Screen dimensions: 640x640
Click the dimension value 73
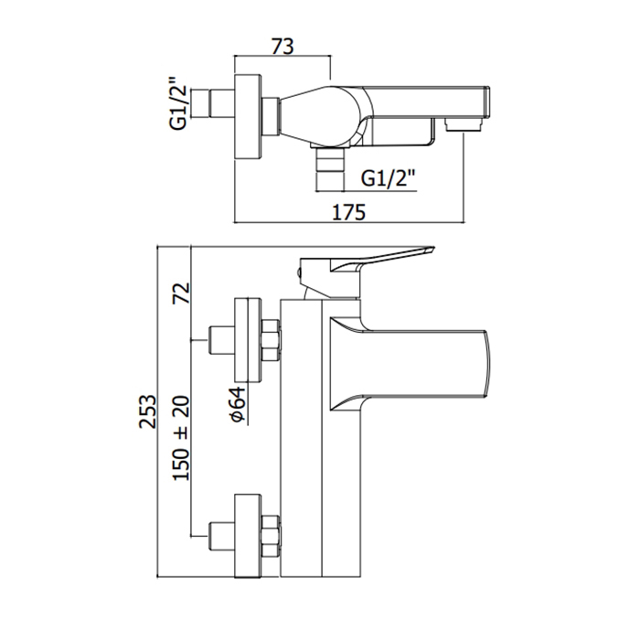click(x=283, y=44)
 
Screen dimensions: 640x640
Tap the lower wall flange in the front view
click(x=248, y=536)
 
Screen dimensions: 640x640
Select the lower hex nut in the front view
click(x=271, y=535)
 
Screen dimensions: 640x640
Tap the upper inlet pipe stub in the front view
click(x=220, y=340)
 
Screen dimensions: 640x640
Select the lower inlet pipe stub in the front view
click(x=220, y=536)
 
